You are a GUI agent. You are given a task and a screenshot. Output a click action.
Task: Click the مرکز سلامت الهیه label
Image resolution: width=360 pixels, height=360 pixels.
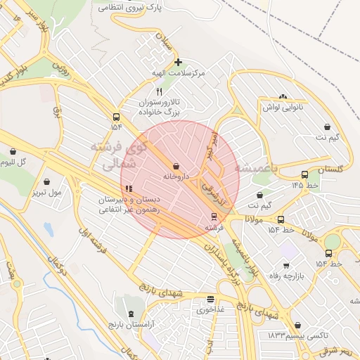[x=179, y=73]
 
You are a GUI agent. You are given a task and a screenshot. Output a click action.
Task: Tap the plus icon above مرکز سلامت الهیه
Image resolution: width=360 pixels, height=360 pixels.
[x=178, y=63]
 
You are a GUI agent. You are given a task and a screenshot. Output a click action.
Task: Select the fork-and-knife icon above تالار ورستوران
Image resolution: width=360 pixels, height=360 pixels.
[x=159, y=92]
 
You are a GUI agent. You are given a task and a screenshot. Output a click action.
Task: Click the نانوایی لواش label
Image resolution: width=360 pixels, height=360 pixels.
[x=282, y=107]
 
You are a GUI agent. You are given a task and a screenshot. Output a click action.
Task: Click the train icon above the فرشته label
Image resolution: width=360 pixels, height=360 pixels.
[x=214, y=217]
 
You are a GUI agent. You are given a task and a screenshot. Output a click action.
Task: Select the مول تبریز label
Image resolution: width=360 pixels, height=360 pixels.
[x=46, y=192]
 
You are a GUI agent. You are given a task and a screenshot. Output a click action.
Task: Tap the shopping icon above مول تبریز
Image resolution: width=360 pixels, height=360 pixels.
[x=46, y=181]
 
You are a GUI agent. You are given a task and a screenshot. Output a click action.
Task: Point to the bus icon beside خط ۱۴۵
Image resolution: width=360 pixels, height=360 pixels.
[x=304, y=174]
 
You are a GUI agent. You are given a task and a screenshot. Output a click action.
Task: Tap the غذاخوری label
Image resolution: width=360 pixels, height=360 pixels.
[x=210, y=309]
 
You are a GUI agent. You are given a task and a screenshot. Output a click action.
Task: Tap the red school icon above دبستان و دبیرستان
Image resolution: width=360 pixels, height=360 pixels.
[x=128, y=188]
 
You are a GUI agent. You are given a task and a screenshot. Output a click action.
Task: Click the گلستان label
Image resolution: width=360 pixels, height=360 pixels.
[x=333, y=170]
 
